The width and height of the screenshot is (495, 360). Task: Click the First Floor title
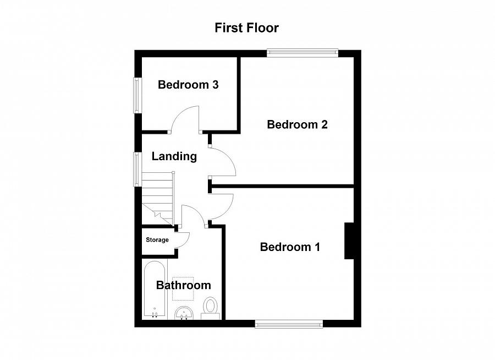click(247, 28)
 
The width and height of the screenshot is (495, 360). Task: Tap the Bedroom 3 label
click(188, 85)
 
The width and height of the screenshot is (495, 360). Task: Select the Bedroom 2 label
click(297, 124)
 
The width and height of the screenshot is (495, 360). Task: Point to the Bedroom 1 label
click(290, 247)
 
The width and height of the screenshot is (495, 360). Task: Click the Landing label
click(174, 156)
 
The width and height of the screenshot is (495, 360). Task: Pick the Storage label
click(157, 240)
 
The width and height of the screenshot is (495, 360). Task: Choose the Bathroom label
click(183, 285)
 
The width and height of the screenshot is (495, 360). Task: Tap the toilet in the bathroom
click(211, 308)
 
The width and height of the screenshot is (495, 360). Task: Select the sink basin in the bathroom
click(183, 313)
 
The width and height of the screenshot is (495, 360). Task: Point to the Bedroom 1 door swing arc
click(222, 206)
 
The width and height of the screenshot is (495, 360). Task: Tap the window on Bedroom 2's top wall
click(301, 53)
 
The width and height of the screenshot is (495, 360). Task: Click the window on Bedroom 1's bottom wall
click(289, 324)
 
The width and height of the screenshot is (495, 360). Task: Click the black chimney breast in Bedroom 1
click(349, 241)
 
